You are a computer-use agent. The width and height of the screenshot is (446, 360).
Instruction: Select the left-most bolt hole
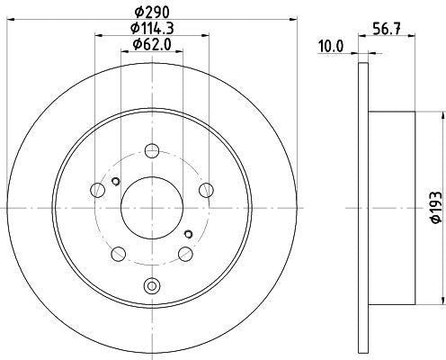pyautogui.click(x=98, y=189)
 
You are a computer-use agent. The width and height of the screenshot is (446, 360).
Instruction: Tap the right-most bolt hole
pyautogui.click(x=207, y=189)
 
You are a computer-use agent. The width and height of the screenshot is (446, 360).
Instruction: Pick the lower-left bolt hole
pyautogui.click(x=119, y=253)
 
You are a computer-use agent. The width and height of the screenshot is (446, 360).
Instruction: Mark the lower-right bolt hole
pyautogui.click(x=186, y=253)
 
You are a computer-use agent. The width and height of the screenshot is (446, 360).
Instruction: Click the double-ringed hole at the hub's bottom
pyautogui.click(x=152, y=288)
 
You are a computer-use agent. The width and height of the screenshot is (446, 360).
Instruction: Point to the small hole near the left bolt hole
pyautogui.click(x=114, y=183)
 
